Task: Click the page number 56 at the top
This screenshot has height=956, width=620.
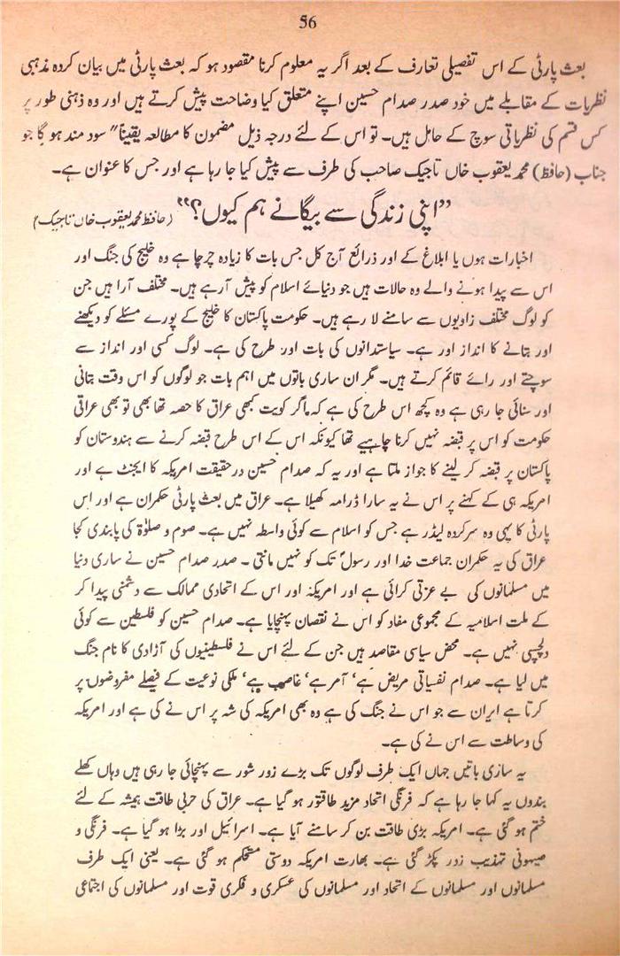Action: (x=308, y=22)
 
